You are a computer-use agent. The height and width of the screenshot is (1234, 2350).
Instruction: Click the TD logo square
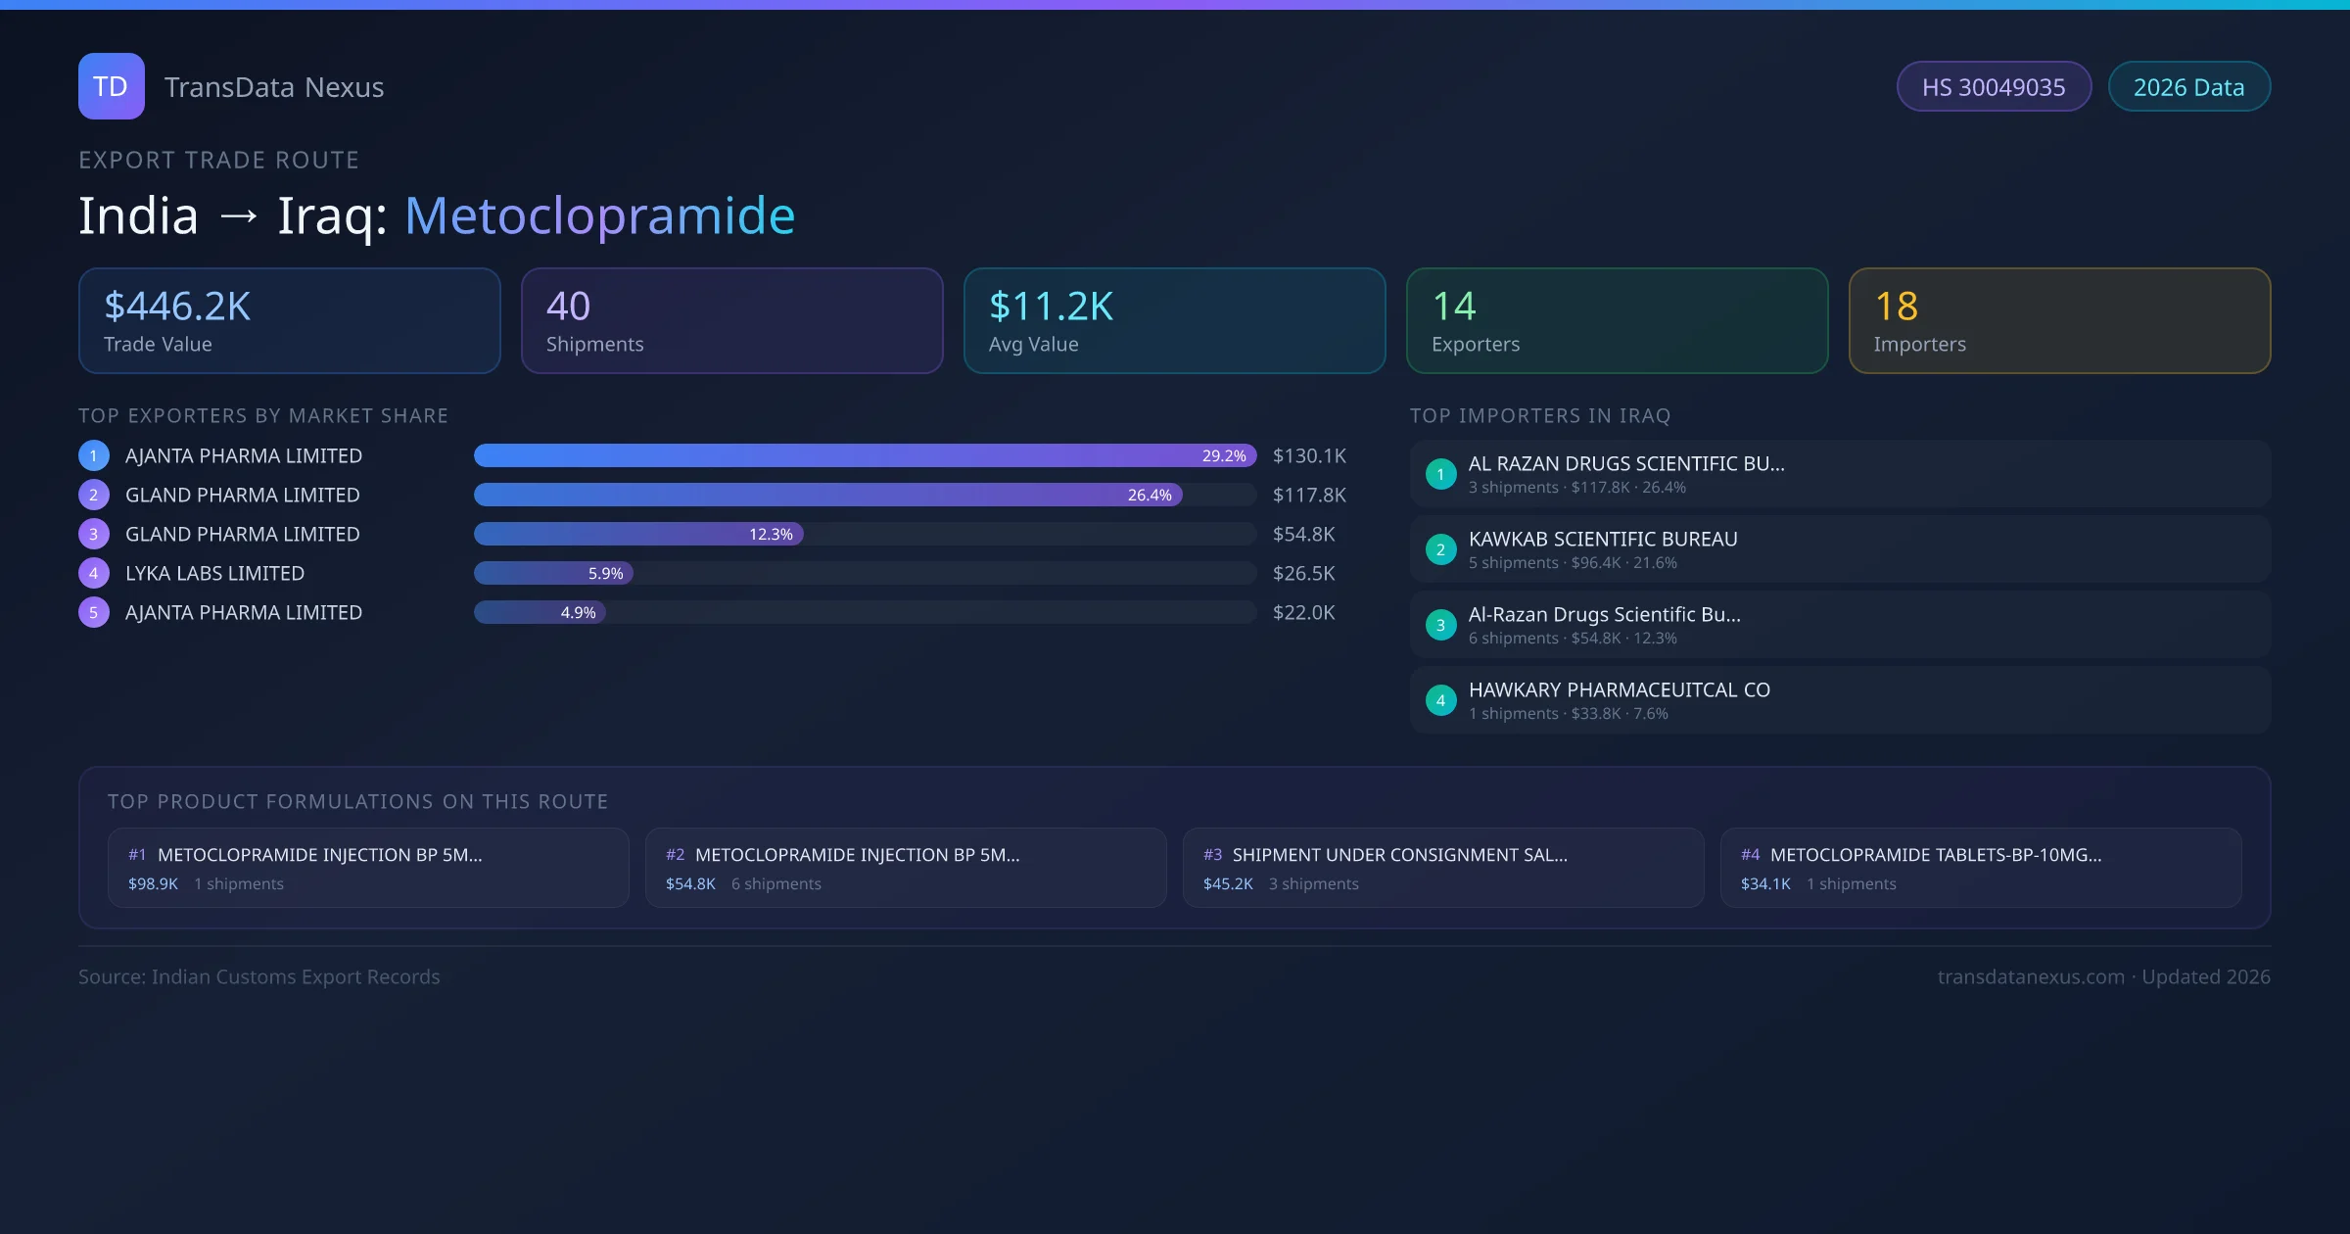pyautogui.click(x=111, y=86)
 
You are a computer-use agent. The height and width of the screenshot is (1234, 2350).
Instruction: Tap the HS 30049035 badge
pyautogui.click(x=1994, y=87)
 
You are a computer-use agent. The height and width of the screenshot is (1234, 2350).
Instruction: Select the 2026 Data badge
pyautogui.click(x=2188, y=87)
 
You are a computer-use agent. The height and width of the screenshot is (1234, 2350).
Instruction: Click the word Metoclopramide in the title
pyautogui.click(x=599, y=215)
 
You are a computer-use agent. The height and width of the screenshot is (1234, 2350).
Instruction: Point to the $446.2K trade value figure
pyautogui.click(x=177, y=307)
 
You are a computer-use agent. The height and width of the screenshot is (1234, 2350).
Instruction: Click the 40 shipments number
pyautogui.click(x=568, y=307)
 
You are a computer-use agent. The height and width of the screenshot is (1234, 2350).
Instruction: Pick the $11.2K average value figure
pyautogui.click(x=1051, y=307)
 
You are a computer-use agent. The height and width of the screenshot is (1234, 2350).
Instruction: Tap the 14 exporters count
pyautogui.click(x=1453, y=307)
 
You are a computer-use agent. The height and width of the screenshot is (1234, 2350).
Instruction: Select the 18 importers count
pyautogui.click(x=1896, y=307)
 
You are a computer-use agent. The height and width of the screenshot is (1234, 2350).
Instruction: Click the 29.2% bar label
pyautogui.click(x=1224, y=455)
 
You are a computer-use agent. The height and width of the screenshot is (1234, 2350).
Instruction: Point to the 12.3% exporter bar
pyautogui.click(x=638, y=534)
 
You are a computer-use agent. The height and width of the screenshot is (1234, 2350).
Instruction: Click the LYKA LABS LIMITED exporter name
pyautogui.click(x=214, y=573)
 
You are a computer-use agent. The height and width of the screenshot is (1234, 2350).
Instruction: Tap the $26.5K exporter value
pyautogui.click(x=1303, y=573)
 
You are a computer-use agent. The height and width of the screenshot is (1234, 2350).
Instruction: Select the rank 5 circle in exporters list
pyautogui.click(x=94, y=612)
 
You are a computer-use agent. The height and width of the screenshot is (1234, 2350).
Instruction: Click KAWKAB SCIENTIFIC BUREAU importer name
pyautogui.click(x=1603, y=539)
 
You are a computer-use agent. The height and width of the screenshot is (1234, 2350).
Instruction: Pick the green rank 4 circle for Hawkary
pyautogui.click(x=1440, y=700)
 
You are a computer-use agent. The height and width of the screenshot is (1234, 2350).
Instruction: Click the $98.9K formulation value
pyautogui.click(x=153, y=883)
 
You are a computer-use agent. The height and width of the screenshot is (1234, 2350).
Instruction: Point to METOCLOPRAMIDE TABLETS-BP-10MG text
pyautogui.click(x=1935, y=855)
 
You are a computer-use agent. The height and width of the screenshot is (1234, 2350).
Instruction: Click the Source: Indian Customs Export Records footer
pyautogui.click(x=259, y=976)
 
